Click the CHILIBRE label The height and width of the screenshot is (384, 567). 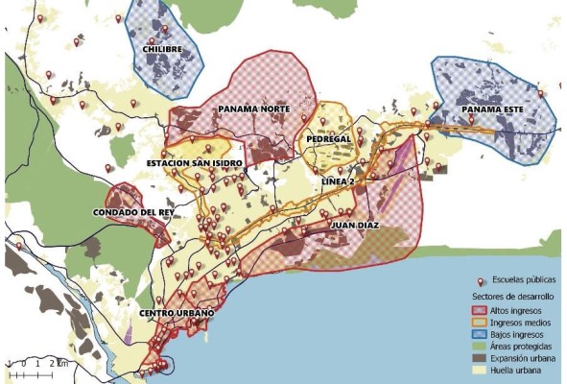[x=161, y=48]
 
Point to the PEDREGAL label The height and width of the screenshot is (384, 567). [x=328, y=138]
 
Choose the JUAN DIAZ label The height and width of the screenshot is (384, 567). [x=354, y=227]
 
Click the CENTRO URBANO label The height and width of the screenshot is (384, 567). [x=175, y=314]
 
